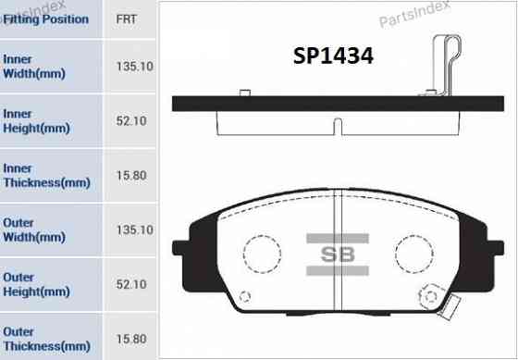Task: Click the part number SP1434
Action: pos(332,56)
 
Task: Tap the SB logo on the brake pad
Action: pos(338,252)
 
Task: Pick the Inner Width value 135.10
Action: pos(134,66)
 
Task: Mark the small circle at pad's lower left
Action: pos(244,297)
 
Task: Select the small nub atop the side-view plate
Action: pos(245,92)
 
